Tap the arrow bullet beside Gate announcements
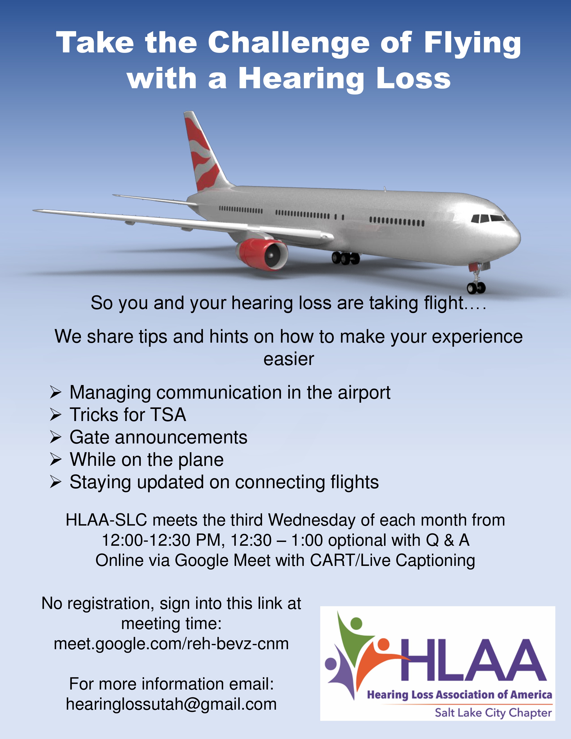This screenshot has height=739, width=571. point(56,438)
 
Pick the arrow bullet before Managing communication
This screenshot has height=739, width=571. point(56,393)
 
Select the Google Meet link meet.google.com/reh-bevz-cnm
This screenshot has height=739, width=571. point(171,644)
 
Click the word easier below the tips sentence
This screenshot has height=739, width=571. point(289,359)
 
